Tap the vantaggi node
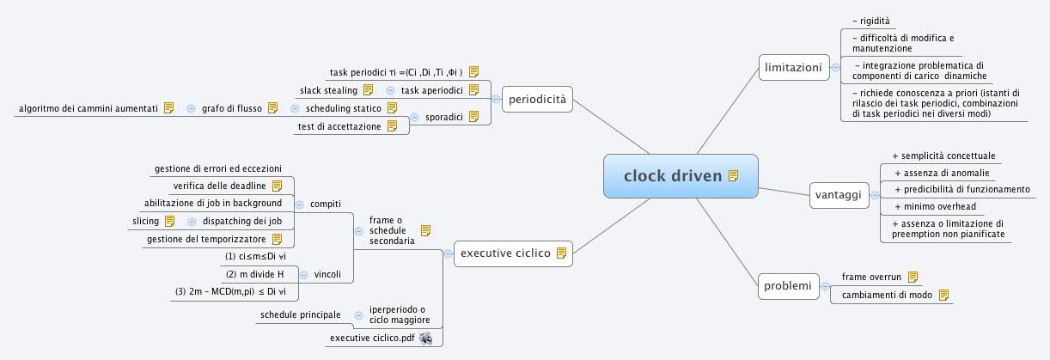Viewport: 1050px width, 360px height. coord(836,195)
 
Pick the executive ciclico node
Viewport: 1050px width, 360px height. coord(505,253)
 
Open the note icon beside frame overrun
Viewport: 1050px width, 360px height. coord(913,277)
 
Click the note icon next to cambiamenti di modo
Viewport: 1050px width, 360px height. coord(943,295)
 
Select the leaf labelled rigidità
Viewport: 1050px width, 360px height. coord(870,20)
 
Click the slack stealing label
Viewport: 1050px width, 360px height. coord(327,90)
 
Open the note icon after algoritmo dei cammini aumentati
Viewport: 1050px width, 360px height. coord(168,108)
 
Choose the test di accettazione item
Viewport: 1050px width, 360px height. coord(339,126)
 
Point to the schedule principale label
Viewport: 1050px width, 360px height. coord(300,315)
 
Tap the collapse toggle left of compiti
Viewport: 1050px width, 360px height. coord(299,204)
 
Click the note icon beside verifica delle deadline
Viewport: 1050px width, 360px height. coord(277,186)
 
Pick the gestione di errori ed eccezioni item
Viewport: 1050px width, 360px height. coord(217,168)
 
